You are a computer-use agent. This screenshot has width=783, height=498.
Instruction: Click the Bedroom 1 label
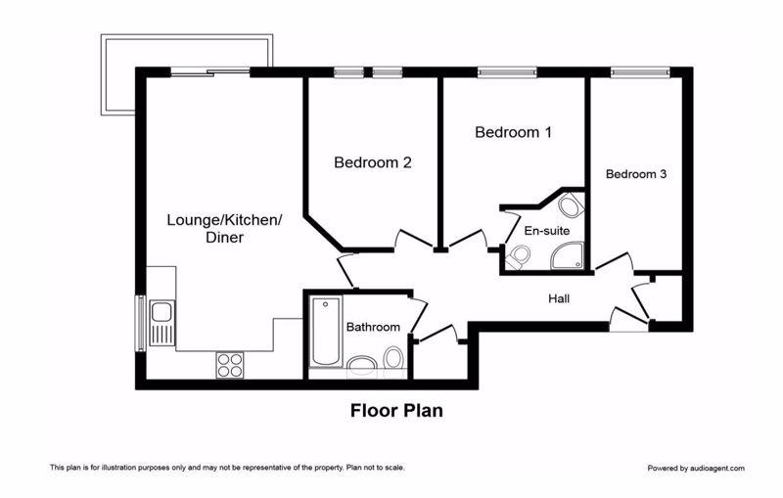(513, 132)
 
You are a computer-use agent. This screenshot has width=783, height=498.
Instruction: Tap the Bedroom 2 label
(373, 162)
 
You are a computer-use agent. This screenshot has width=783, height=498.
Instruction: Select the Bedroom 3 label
(635, 174)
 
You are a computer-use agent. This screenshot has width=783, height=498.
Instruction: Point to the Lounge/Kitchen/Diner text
(225, 229)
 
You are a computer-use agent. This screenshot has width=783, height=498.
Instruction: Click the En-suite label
(547, 231)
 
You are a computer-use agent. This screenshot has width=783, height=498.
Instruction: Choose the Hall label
(559, 299)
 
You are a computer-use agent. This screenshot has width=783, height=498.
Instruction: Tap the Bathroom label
(373, 328)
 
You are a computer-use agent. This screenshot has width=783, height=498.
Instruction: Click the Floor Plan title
(396, 411)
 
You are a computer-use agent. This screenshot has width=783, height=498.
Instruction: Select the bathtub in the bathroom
(326, 331)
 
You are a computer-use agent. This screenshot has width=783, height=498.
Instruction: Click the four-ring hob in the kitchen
(230, 365)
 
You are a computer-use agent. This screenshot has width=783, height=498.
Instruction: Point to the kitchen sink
(161, 323)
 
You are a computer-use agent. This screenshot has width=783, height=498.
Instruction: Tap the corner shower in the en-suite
(568, 255)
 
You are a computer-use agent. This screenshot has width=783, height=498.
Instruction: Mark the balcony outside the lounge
(187, 75)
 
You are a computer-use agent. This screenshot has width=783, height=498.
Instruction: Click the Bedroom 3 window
(639, 72)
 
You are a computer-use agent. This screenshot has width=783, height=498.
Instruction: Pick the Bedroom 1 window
(507, 72)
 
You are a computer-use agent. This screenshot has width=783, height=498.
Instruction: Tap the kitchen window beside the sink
(141, 323)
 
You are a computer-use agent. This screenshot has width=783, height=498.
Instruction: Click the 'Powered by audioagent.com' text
(696, 468)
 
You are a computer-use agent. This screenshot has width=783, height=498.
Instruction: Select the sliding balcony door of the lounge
(210, 72)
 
